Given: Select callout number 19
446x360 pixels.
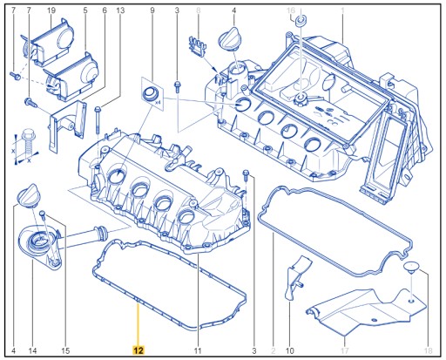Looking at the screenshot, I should [51, 10].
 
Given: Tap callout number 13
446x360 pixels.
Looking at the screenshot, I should [120, 10].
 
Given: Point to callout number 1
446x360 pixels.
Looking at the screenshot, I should [342, 10].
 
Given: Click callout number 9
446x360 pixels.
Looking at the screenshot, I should [152, 10].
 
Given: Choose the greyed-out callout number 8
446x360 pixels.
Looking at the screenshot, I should [199, 10].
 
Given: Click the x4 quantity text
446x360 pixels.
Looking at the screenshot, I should [158, 102].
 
